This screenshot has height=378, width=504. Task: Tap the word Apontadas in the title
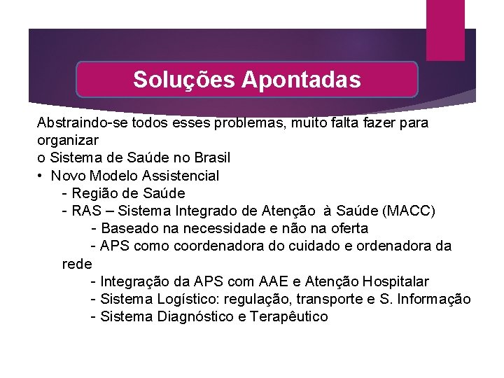coord(302,80)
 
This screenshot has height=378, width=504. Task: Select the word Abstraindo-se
coord(79,122)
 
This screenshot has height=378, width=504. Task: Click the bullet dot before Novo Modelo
coord(42,176)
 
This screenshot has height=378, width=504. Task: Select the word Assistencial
coord(178,176)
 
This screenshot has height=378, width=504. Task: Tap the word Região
coord(94,193)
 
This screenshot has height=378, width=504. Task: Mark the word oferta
coord(349,229)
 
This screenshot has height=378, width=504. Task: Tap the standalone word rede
coord(77,264)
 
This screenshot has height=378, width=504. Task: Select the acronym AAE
coord(272,281)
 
